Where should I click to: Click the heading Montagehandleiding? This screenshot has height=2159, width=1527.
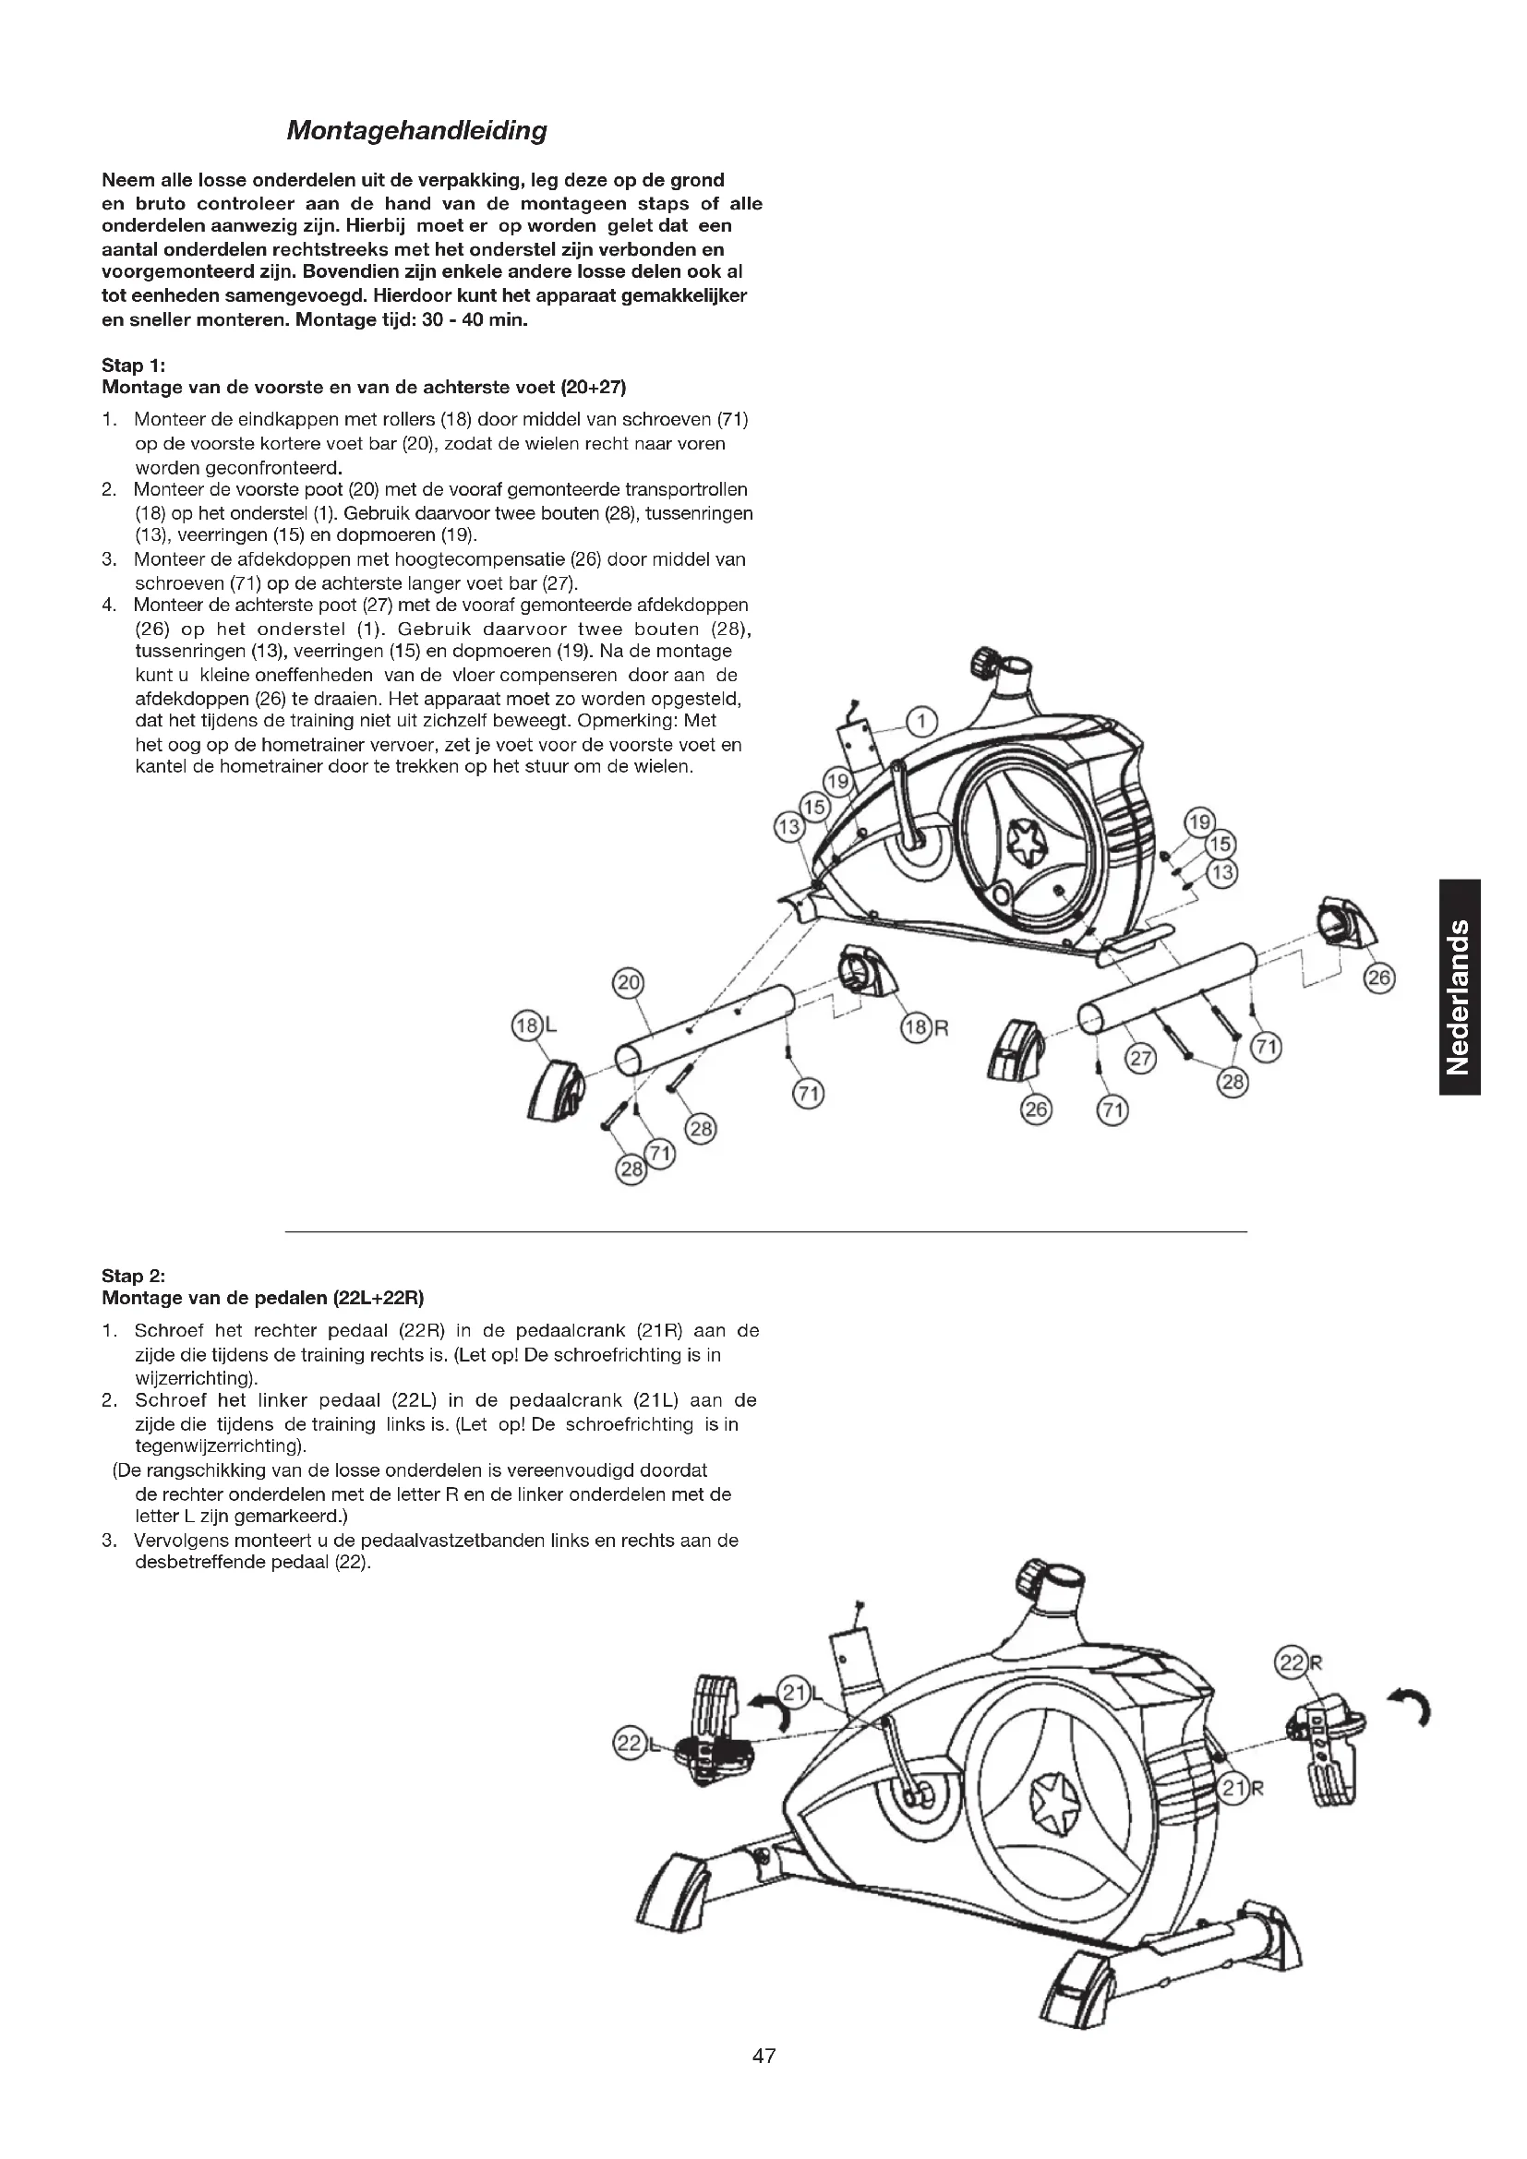(416, 130)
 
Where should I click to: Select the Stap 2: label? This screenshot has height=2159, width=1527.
(134, 1276)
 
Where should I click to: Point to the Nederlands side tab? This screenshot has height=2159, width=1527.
(1460, 988)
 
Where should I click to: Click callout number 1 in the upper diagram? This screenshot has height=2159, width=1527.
(921, 721)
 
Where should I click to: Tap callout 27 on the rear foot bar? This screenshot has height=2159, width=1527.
(1140, 1059)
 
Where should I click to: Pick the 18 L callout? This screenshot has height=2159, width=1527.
(531, 1025)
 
